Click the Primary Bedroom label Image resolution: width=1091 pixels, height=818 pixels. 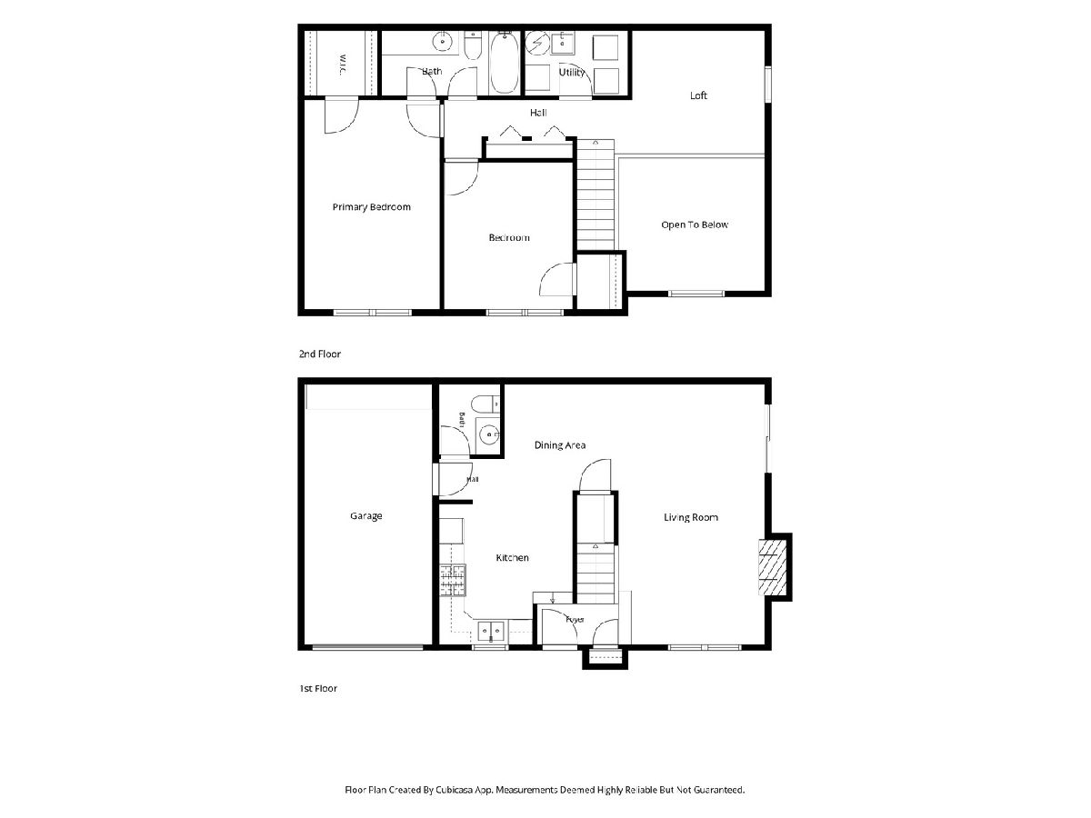point(371,207)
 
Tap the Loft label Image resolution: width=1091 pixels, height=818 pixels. point(698,95)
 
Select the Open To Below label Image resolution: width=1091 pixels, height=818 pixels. point(695,224)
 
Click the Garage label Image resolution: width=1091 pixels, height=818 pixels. point(365,516)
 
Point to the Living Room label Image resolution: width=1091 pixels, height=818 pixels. point(691,517)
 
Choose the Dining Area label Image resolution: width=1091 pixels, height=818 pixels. point(560,445)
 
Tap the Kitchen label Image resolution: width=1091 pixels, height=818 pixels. point(512,558)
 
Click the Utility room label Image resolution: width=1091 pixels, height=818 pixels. point(572,73)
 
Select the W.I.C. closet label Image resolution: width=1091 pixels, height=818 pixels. point(343,65)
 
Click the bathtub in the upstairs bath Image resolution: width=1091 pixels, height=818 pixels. point(504,62)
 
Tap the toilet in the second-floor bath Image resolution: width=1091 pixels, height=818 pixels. point(473,45)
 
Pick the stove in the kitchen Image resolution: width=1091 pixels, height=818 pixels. point(453,581)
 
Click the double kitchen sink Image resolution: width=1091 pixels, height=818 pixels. point(491,632)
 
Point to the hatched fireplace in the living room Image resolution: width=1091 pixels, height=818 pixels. point(773,567)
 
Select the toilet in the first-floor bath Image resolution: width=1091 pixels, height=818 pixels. point(485,404)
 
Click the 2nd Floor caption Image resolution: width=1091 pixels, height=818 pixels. point(320,354)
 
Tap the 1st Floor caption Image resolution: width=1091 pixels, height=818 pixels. point(318,688)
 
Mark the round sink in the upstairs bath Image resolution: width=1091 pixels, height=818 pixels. point(442,42)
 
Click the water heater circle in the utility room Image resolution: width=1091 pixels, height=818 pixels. point(537,43)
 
